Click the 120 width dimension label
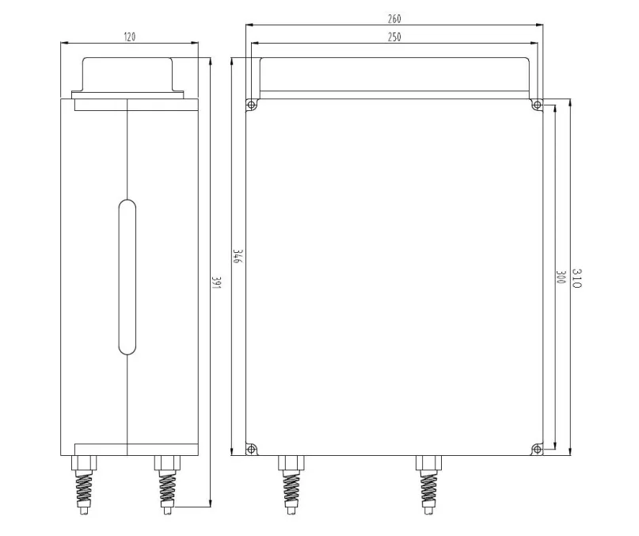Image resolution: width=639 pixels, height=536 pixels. pos(130,37)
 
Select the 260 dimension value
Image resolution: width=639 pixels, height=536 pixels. pos(394,19)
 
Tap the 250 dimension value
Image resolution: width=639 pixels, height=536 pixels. pos(394,37)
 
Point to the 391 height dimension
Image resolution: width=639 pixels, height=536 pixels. pos(216,283)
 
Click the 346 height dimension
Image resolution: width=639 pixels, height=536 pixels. pos(238,256)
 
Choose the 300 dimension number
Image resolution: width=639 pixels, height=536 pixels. pos(561,277)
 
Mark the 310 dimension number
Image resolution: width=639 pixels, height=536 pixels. pos(576,278)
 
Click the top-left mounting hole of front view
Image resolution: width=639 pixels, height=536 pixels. pos(252,105)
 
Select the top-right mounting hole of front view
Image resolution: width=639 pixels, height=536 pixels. pos(537,105)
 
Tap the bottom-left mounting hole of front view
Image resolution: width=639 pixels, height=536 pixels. pos(252,450)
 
